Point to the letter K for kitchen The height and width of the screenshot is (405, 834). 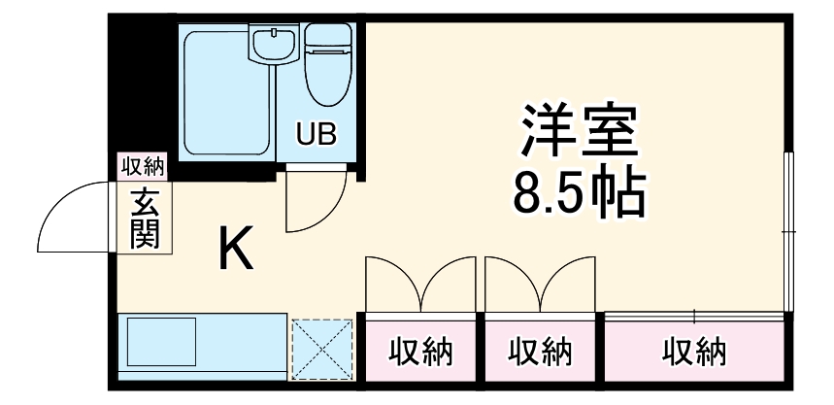[236, 251]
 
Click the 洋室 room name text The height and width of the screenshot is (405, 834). [579, 133]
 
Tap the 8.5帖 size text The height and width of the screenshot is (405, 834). [579, 193]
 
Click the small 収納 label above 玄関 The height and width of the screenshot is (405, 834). [143, 166]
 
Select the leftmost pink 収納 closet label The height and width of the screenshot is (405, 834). [421, 352]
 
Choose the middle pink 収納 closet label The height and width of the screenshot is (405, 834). [541, 352]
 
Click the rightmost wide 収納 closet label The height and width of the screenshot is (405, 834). [694, 352]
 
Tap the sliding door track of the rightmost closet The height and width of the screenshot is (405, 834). [694, 313]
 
